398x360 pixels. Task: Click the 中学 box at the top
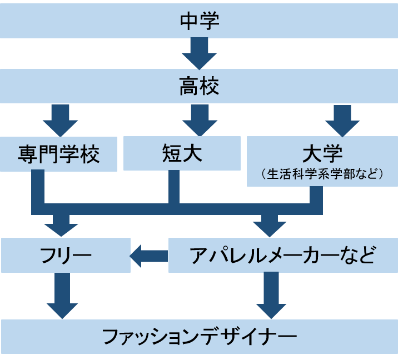pyautogui.click(x=199, y=21)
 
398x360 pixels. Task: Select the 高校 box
pyautogui.click(x=199, y=87)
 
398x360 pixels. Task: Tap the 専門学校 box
pyautogui.click(x=58, y=153)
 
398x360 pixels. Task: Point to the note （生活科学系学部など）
pyautogui.click(x=322, y=174)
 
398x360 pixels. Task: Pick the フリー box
pyautogui.click(x=66, y=256)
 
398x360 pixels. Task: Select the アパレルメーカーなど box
pyautogui.click(x=283, y=256)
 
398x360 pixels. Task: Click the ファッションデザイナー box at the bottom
pyautogui.click(x=199, y=336)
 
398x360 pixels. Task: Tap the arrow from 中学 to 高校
pyautogui.click(x=199, y=53)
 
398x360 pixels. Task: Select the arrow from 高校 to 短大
pyautogui.click(x=199, y=119)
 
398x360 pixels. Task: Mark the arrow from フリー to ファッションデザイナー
pyautogui.click(x=62, y=296)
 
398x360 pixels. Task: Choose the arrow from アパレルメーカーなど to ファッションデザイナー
pyautogui.click(x=271, y=296)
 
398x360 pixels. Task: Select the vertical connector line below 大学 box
pyautogui.click(x=316, y=197)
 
